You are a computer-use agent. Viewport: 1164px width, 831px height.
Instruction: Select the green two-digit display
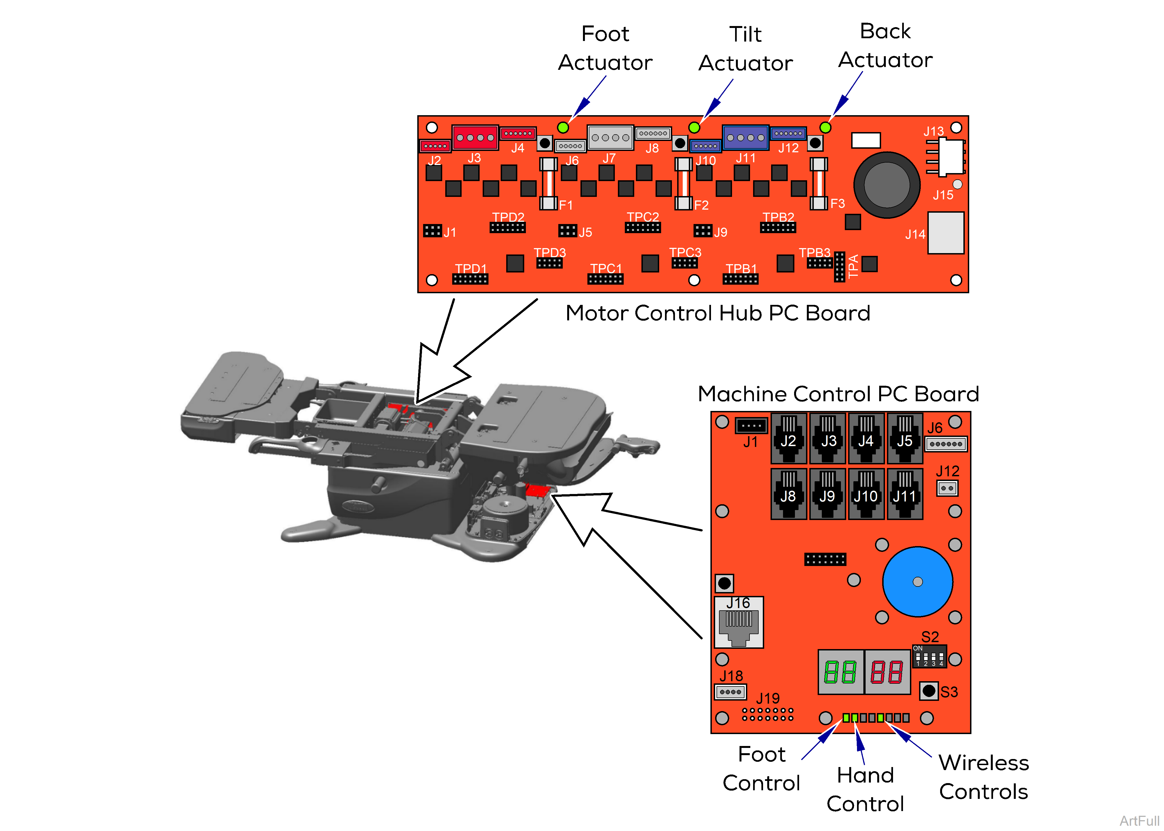coord(840,672)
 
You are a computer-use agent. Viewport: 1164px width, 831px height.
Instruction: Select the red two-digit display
coord(887,672)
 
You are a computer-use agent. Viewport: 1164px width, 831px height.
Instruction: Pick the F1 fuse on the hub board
coord(548,184)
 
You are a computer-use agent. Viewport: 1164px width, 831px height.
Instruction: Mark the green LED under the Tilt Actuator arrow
coord(694,127)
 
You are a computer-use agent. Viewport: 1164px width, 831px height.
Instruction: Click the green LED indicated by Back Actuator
coord(825,127)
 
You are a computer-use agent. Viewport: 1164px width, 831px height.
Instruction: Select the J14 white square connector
coord(946,233)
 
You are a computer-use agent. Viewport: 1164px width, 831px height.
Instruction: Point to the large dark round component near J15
coord(887,185)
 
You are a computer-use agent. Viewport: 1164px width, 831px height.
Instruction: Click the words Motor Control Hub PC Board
coord(718,313)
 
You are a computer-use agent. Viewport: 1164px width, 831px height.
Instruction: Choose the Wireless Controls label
coord(983,777)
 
